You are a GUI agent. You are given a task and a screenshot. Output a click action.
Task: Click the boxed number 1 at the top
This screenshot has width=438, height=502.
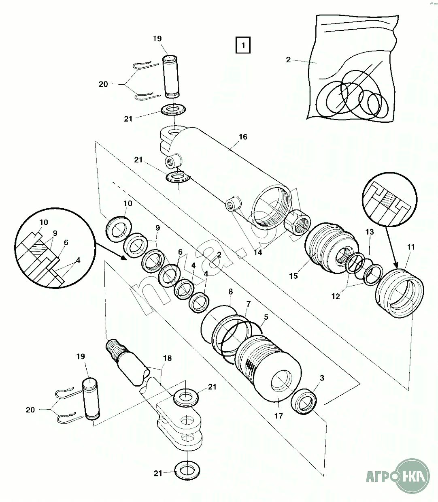coord(243,45)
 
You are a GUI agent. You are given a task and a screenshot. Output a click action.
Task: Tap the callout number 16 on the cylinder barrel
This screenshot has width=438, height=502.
coord(242,137)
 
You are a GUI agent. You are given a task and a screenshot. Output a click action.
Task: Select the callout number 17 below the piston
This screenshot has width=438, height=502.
coord(279,416)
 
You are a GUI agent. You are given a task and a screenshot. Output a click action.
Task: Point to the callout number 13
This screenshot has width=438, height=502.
coord(369,232)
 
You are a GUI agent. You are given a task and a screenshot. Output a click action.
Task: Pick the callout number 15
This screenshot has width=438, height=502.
coord(293,276)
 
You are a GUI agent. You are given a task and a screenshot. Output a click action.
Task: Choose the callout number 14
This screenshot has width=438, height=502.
coord(258,252)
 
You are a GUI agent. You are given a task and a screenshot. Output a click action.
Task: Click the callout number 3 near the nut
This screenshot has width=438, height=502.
coord(322,378)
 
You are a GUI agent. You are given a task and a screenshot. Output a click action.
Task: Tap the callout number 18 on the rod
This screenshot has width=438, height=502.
coord(167,358)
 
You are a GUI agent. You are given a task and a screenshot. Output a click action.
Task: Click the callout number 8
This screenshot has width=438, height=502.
coord(230,291)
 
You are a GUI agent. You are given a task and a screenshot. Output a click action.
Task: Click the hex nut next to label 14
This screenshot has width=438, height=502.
coord(298,222)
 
